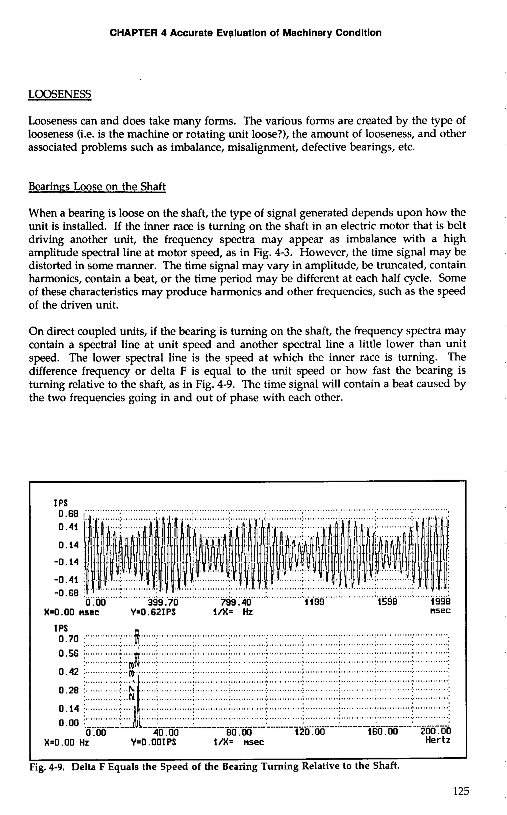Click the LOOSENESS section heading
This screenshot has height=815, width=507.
pos(59,94)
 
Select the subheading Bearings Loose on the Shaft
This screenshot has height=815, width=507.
pos(97,186)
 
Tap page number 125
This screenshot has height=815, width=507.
pos(461,791)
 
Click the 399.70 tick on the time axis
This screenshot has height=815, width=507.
pos(163,602)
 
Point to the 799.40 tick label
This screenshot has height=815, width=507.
pos(236,602)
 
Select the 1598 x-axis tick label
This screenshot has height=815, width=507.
pos(387,602)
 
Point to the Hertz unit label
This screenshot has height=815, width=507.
pos(438,740)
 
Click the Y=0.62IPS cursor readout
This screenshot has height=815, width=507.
pos(153,612)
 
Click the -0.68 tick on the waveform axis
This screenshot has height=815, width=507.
pos(66,593)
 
